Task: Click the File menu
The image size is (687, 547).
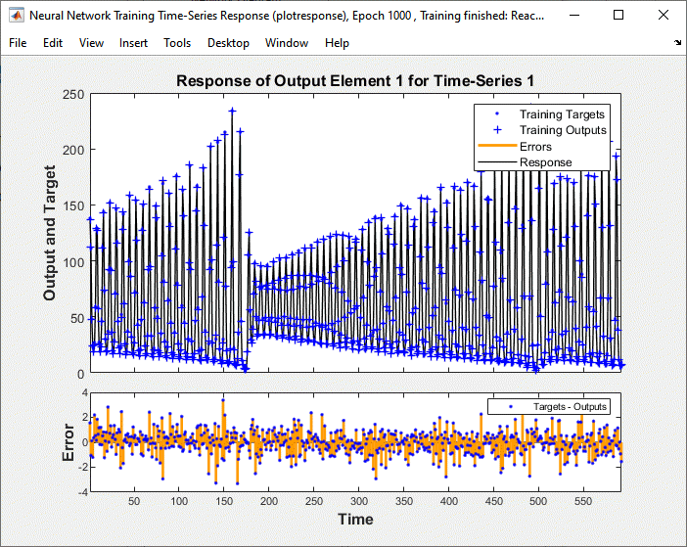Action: (19, 43)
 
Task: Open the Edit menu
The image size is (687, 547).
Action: (53, 43)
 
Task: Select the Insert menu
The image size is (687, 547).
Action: (134, 43)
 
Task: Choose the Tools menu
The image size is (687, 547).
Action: (177, 43)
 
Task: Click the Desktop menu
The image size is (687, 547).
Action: (228, 43)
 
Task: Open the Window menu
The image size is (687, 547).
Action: (287, 43)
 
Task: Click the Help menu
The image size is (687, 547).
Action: (337, 43)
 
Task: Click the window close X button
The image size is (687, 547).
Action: (663, 16)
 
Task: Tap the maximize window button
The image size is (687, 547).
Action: (618, 16)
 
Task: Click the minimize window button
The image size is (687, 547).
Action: (572, 16)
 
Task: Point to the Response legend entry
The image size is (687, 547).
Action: (545, 162)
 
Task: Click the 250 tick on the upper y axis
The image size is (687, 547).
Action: (72, 94)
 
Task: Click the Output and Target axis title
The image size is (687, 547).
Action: (50, 234)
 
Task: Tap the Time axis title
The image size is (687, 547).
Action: (355, 519)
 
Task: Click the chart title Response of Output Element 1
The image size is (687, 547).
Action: (355, 80)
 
